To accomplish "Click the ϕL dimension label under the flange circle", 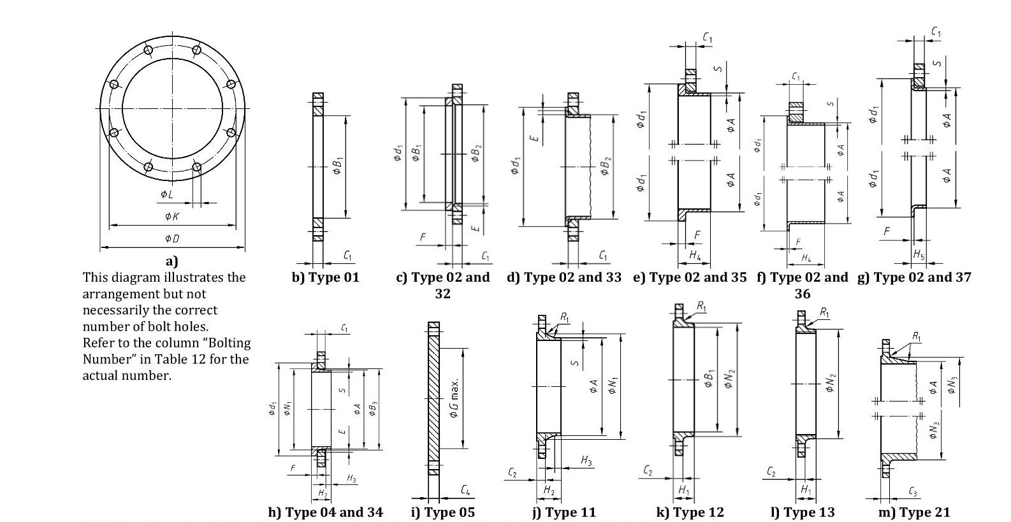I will [x=167, y=194].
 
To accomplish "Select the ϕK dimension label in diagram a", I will [x=172, y=216].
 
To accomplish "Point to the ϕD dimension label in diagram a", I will [x=172, y=238].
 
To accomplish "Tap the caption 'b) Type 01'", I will [x=325, y=277].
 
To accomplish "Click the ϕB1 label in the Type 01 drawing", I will [x=338, y=166].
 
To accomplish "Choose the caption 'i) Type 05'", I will [x=442, y=512].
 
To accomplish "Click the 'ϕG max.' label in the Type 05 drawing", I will [x=454, y=399].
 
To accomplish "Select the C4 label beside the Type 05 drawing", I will [x=466, y=490].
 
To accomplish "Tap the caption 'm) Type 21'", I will [x=913, y=512].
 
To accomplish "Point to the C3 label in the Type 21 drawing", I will [x=913, y=491].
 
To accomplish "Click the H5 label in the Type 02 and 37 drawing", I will [x=919, y=254].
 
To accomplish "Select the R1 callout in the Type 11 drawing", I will [x=565, y=317].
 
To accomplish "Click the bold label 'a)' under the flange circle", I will [x=172, y=261].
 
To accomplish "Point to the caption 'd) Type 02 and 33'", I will [x=564, y=277].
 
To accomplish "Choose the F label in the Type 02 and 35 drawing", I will [x=697, y=235].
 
